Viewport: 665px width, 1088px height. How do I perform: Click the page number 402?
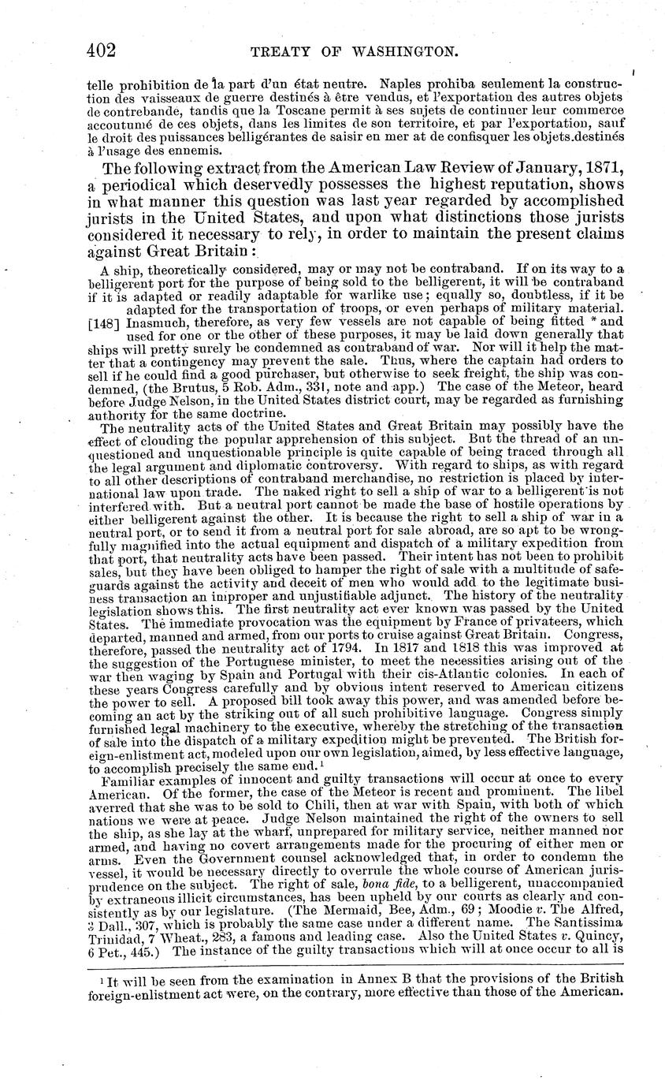(x=102, y=51)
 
